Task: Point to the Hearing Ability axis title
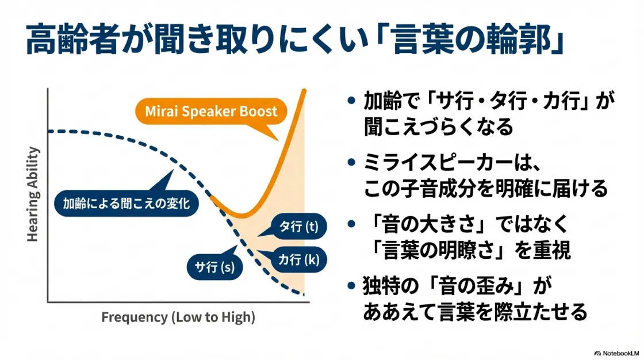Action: (x=33, y=194)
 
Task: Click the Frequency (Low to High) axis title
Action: (x=178, y=317)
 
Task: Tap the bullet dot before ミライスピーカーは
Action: (x=351, y=163)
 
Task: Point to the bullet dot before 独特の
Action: (x=351, y=286)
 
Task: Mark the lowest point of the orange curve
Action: (x=242, y=216)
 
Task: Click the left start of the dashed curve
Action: (x=50, y=132)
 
